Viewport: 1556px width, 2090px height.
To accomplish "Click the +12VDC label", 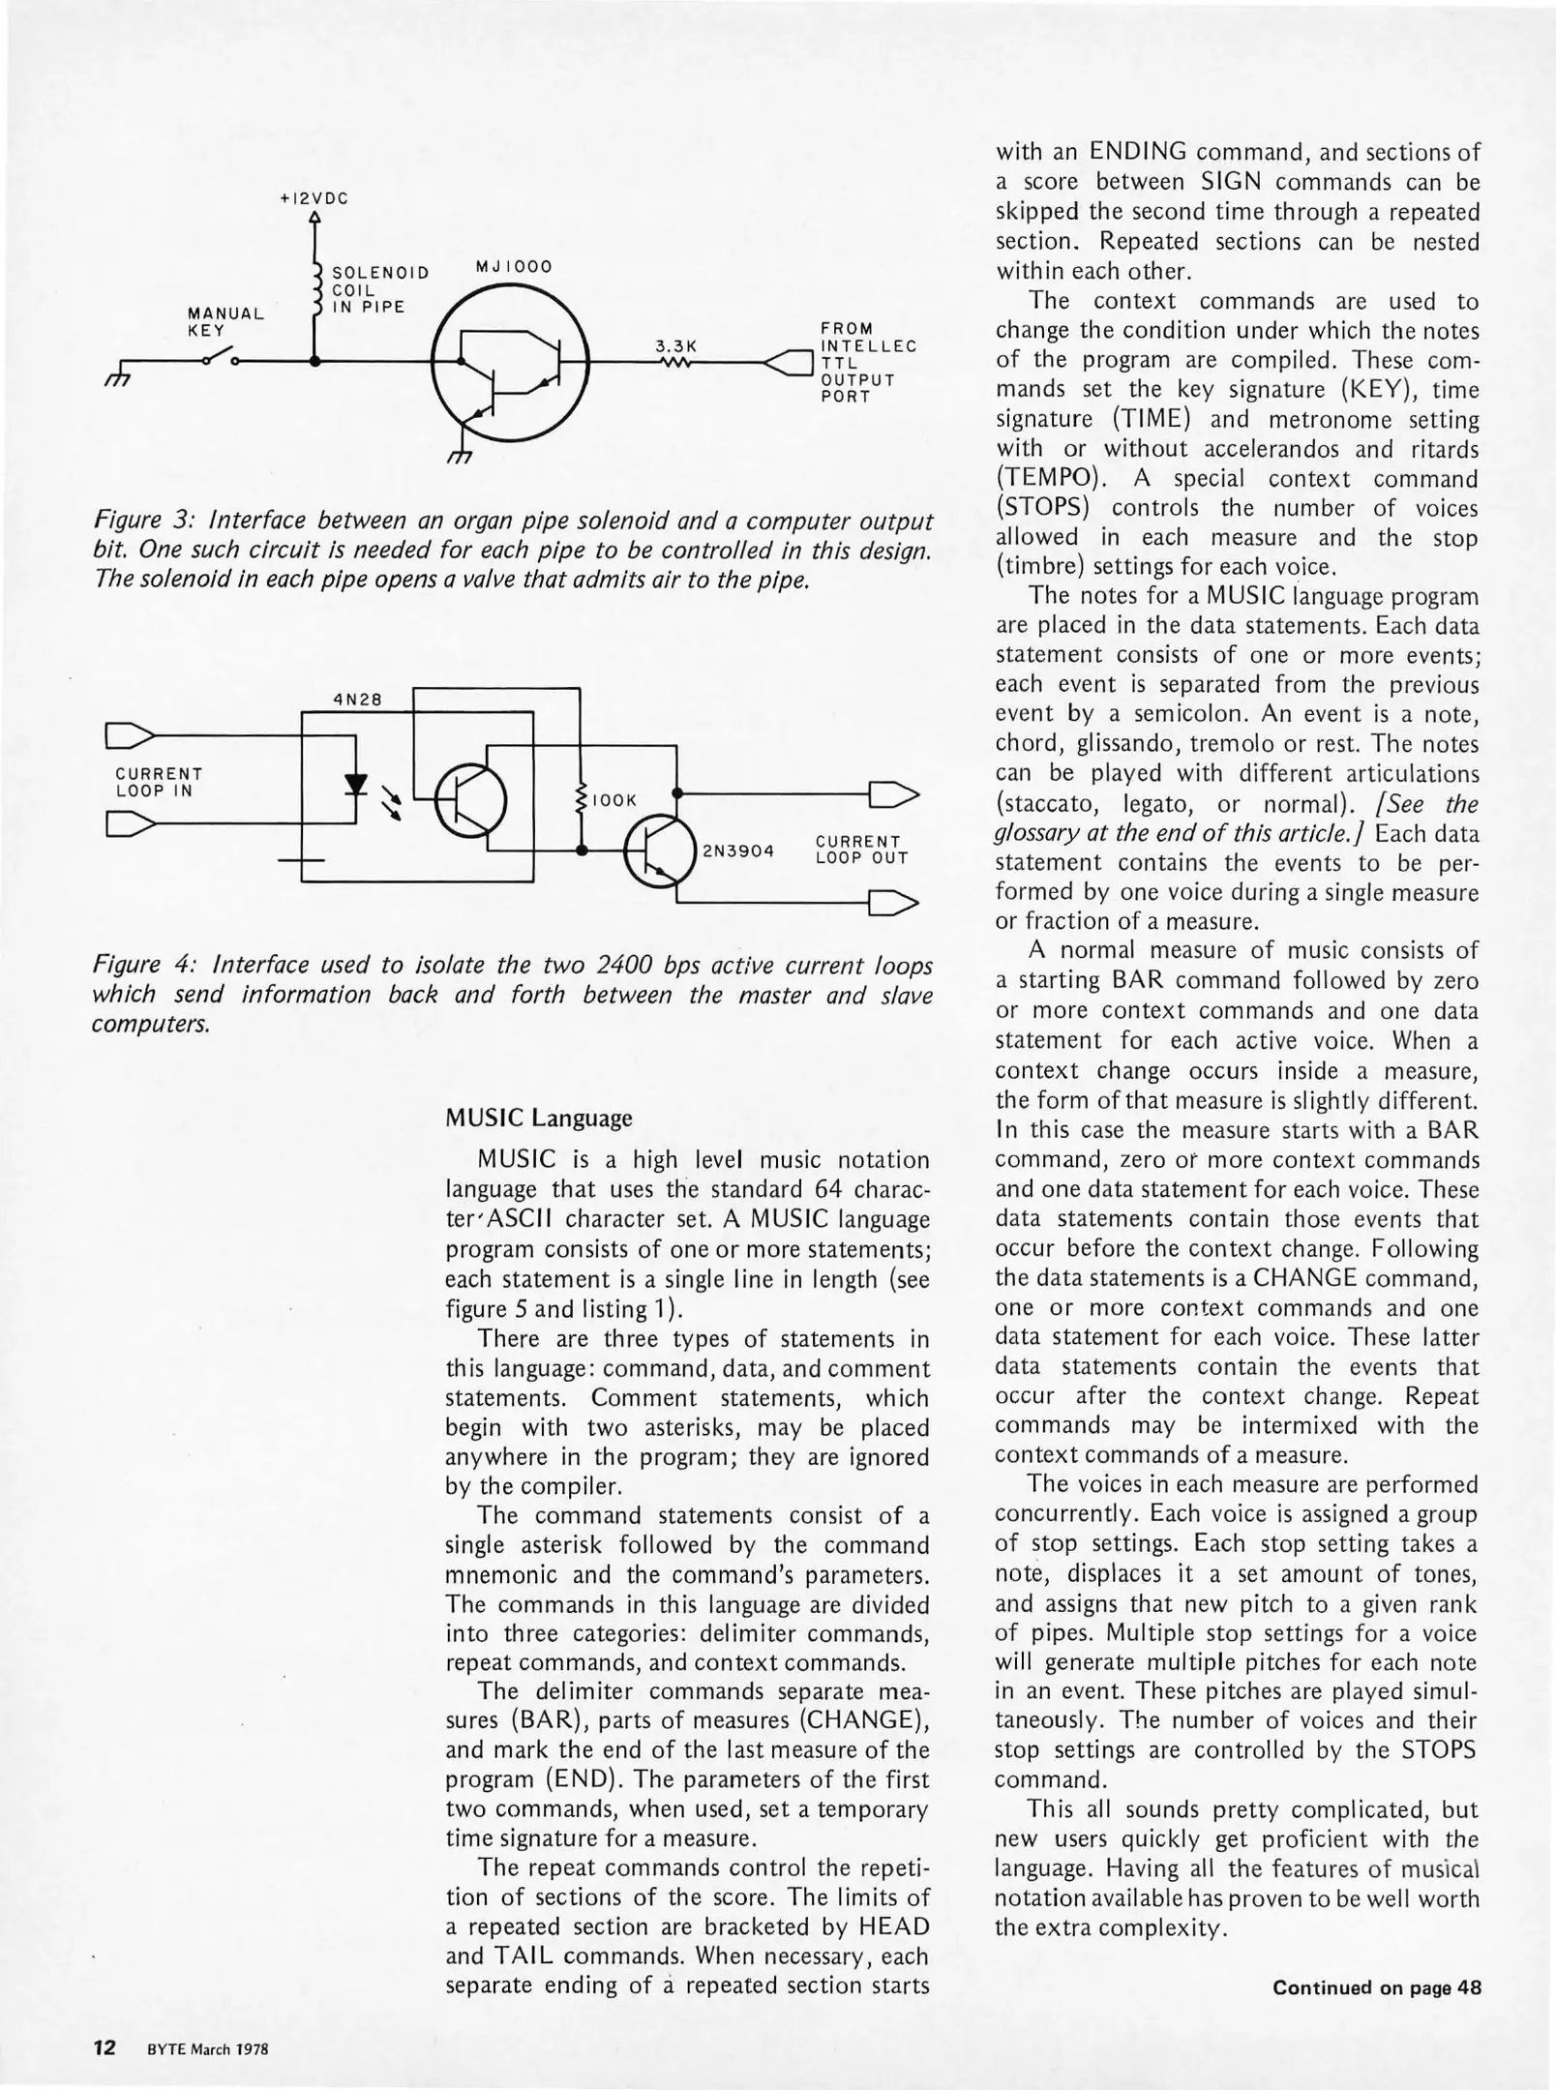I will point(314,198).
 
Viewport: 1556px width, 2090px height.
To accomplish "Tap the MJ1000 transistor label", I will point(513,266).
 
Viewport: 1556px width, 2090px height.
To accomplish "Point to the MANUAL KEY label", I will point(225,321).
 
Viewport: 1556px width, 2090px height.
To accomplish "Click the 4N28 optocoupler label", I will point(353,700).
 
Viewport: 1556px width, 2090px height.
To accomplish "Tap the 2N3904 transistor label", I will point(738,851).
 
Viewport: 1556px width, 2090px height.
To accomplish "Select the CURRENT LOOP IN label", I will point(159,783).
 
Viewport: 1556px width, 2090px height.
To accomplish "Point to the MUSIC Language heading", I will point(538,1118).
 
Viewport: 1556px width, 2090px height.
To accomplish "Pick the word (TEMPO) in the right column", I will point(1043,479).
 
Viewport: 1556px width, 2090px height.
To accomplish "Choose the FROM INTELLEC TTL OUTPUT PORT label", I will point(867,362).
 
